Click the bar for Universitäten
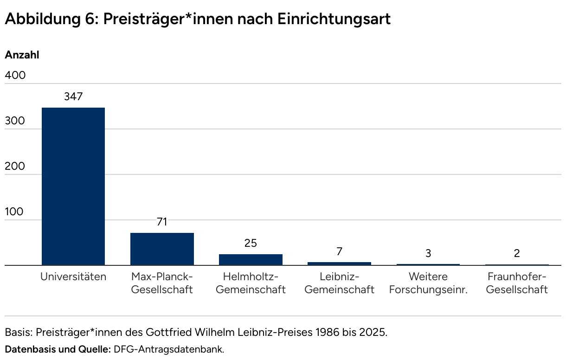73,186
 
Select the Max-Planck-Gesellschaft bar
162,249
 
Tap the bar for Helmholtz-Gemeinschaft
251,260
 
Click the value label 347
73,96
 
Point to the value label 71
162,222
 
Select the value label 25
251,243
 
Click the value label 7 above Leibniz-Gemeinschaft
339,251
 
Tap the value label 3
428,253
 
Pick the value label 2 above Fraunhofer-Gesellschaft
517,253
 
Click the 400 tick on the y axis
15,75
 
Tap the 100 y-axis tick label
14,212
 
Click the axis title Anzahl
22,55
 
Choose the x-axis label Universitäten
73,277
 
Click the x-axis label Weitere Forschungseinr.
428,283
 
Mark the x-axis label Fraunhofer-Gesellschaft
517,283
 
